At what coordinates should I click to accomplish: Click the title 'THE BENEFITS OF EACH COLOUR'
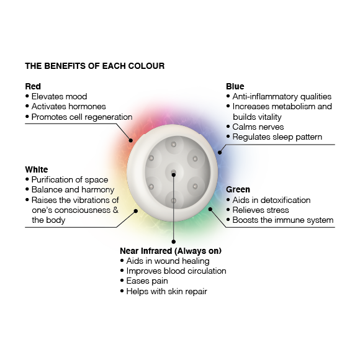(x=94, y=66)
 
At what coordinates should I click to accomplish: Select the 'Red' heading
(x=33, y=86)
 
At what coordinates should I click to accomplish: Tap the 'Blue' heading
(x=235, y=86)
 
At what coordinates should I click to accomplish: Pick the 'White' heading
(x=37, y=169)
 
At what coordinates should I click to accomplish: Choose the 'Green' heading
(x=238, y=189)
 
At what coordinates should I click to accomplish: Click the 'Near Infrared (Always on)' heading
(x=171, y=251)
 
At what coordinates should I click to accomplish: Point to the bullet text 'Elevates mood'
(x=59, y=96)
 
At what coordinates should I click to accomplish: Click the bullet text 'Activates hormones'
(x=69, y=106)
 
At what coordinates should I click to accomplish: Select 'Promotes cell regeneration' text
(x=82, y=117)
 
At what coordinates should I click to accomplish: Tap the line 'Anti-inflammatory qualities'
(x=282, y=96)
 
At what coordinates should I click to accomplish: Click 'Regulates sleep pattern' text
(x=277, y=137)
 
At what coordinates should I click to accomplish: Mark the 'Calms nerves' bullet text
(x=258, y=127)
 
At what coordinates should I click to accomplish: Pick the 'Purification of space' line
(x=70, y=179)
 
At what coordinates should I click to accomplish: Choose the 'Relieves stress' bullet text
(x=261, y=210)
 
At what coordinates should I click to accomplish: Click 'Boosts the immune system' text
(x=283, y=220)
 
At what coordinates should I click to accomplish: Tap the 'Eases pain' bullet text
(x=147, y=281)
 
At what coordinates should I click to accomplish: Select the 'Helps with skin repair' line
(x=167, y=291)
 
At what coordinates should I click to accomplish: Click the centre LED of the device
(x=174, y=172)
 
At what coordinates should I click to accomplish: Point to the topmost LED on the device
(x=174, y=145)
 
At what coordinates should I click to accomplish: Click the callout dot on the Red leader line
(x=130, y=140)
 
